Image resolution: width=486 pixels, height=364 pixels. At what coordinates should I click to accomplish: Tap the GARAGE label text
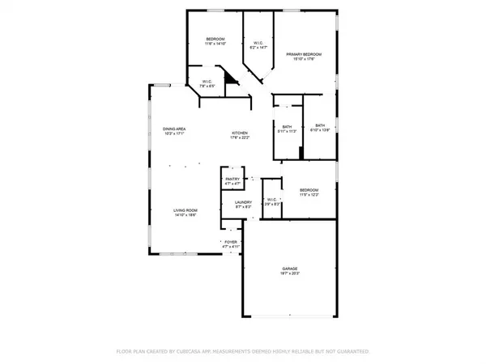290,269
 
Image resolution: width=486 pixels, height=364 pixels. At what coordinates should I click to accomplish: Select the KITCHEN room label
240,133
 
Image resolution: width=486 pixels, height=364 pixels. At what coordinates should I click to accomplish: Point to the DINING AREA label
174,129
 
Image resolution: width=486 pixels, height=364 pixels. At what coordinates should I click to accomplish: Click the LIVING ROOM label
185,210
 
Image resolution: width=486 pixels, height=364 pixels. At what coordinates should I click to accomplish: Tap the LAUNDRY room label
243,203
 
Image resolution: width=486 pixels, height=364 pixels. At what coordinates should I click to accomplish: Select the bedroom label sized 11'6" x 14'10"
215,40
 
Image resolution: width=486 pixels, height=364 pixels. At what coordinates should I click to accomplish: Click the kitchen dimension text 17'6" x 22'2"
240,138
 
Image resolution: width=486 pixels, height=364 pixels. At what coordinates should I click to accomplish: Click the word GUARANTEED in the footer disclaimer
352,352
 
